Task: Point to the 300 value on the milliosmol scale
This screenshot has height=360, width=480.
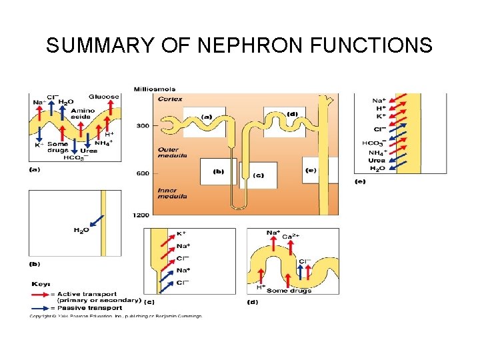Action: pyautogui.click(x=143, y=125)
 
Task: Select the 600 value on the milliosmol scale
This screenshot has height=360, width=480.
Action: pyautogui.click(x=143, y=173)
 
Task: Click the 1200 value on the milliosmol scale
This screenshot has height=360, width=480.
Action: pyautogui.click(x=141, y=215)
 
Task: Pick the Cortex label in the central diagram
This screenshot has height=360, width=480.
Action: pyautogui.click(x=170, y=99)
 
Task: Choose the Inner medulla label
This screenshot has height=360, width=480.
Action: pyautogui.click(x=171, y=193)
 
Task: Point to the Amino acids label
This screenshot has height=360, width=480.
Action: pyautogui.click(x=81, y=113)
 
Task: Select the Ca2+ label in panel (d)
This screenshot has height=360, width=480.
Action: pyautogui.click(x=291, y=237)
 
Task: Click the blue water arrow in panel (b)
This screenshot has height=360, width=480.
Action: pyautogui.click(x=93, y=222)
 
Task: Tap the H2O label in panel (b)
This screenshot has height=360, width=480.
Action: pyautogui.click(x=81, y=231)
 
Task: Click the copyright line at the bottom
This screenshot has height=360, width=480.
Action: pyautogui.click(x=115, y=316)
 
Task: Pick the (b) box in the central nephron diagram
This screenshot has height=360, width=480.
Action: pyautogui.click(x=219, y=171)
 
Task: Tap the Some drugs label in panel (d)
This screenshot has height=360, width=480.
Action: pyautogui.click(x=286, y=291)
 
